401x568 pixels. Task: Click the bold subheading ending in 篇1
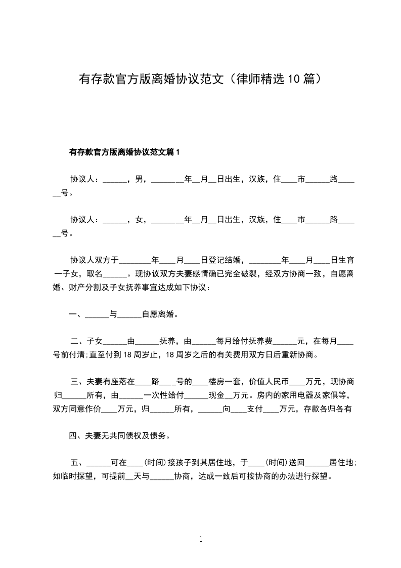pos(124,151)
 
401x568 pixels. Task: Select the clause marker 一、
pos(77,314)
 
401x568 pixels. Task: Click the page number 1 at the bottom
pos(201,539)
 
